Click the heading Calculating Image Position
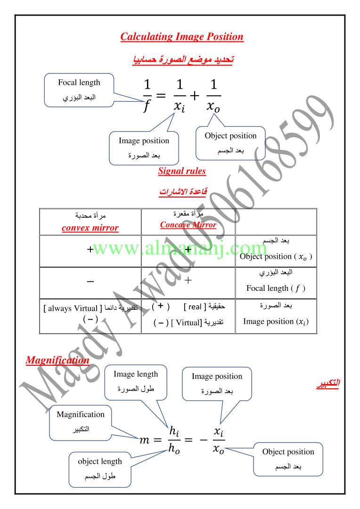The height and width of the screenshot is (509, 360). click(x=182, y=37)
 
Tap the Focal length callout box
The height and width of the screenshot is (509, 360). click(x=79, y=90)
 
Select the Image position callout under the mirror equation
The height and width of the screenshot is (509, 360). click(x=144, y=148)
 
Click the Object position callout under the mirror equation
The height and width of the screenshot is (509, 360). click(x=230, y=143)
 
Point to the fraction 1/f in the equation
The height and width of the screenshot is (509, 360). click(x=147, y=96)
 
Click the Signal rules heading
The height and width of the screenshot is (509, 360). click(x=182, y=171)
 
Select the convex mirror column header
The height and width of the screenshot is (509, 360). click(x=90, y=228)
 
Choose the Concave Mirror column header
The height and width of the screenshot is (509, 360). click(x=188, y=225)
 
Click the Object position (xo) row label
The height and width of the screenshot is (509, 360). click(x=276, y=256)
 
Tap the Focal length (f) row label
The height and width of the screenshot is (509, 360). click(x=276, y=288)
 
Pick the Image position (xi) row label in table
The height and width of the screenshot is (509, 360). click(x=276, y=321)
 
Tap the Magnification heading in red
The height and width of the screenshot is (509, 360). click(x=57, y=361)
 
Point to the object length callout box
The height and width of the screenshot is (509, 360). click(x=100, y=469)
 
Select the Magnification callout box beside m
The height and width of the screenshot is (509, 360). click(x=81, y=421)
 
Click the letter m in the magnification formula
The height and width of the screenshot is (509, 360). click(x=144, y=441)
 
